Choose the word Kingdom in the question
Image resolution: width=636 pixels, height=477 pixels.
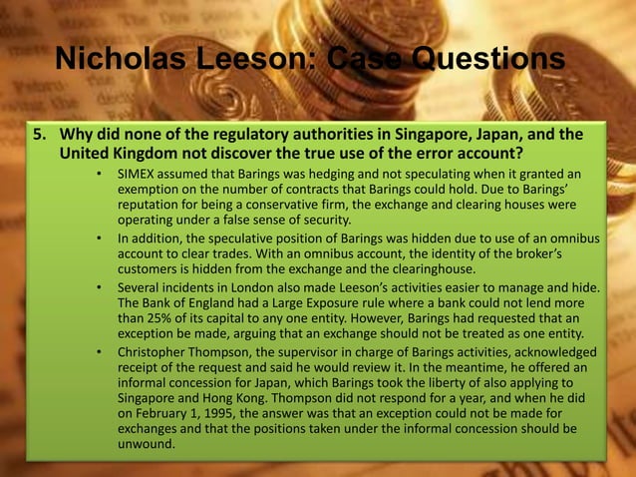click(x=121, y=155)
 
